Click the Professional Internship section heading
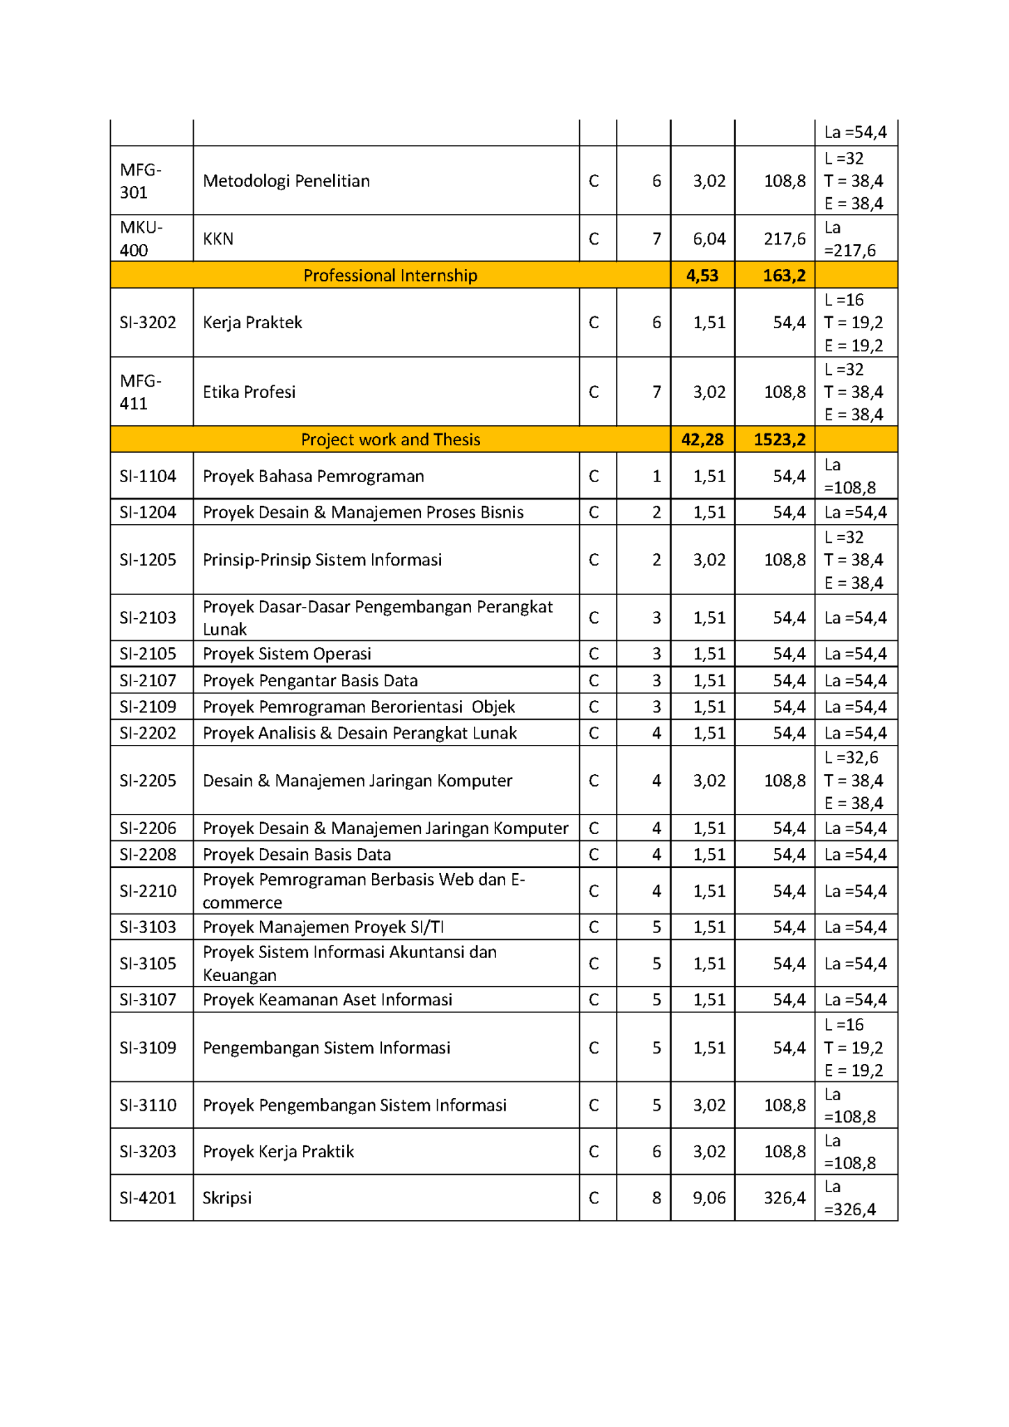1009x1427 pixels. tap(390, 275)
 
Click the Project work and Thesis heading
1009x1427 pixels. tap(390, 440)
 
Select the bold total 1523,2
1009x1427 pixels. tap(779, 440)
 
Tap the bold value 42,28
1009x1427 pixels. tap(702, 440)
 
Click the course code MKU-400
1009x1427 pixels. tap(141, 238)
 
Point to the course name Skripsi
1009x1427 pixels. tap(227, 1198)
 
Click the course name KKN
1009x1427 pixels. tap(218, 238)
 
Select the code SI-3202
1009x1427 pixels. tap(148, 323)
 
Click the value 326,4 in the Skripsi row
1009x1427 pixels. tap(785, 1198)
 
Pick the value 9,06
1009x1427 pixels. tap(709, 1198)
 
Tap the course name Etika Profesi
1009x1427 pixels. tap(249, 392)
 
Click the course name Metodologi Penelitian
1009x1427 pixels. tap(286, 180)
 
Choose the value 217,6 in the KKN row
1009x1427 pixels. tap(785, 238)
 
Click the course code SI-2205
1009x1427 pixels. tap(148, 780)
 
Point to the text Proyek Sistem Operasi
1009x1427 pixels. tap(286, 654)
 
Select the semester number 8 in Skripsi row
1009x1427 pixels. tap(656, 1198)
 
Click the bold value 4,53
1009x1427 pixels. tap(702, 275)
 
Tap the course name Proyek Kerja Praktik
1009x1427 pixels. tap(278, 1151)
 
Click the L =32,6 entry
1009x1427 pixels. tap(851, 757)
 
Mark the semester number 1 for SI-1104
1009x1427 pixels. tap(656, 476)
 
